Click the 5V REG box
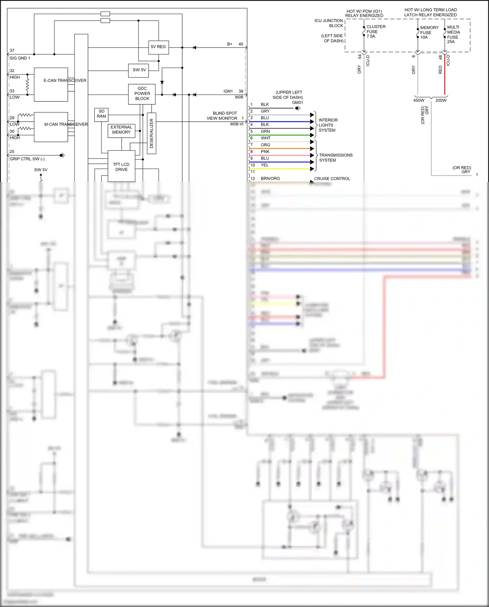coord(158,47)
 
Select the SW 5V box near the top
coord(139,70)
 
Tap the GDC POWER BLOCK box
coord(142,94)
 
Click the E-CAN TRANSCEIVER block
coord(51,84)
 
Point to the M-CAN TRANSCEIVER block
coord(51,127)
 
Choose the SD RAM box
coord(101,114)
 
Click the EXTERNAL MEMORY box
coord(121,130)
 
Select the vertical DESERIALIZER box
coord(152,133)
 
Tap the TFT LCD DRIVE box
coord(121,167)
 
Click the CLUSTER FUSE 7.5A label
coord(376,32)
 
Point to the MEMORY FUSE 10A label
coord(429,32)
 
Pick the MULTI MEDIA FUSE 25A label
coord(453,34)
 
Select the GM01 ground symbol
coord(298,108)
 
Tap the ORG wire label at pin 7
coord(265,145)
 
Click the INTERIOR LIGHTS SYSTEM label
coord(328,125)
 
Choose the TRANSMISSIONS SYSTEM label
coord(335,158)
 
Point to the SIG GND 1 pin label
coord(20,58)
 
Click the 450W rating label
coord(419,100)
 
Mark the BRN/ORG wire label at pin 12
coord(270,178)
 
